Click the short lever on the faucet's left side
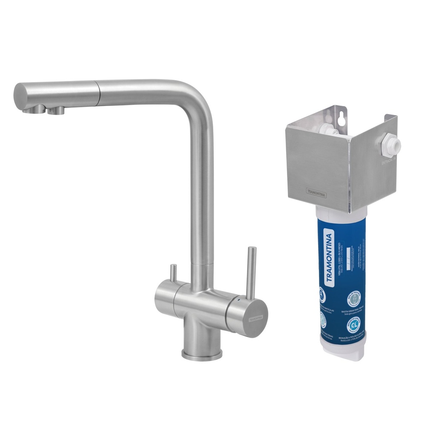point(173,273)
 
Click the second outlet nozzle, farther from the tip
point(56,111)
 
